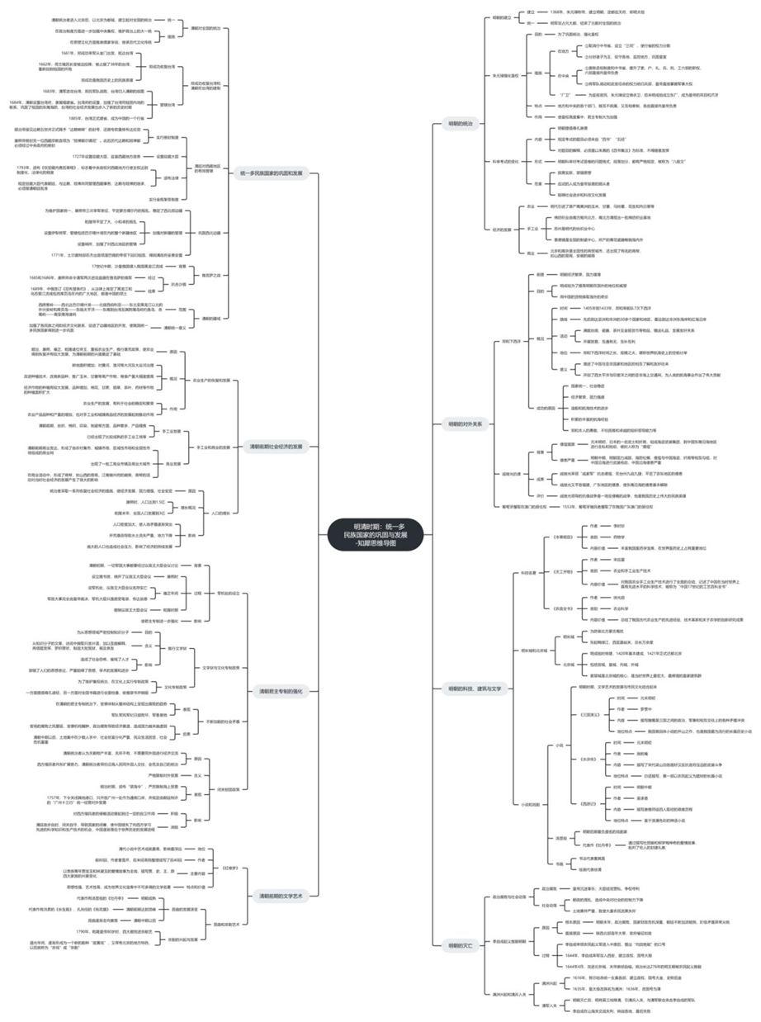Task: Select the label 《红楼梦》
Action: point(230,868)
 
